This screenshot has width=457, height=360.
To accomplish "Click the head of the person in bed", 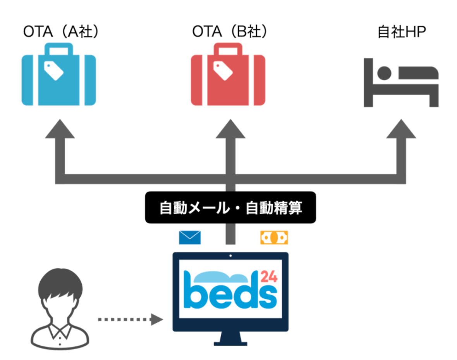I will (x=384, y=73).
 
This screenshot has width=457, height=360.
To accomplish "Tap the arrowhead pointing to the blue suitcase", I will (x=60, y=129).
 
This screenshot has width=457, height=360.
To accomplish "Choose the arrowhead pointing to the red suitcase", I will (x=230, y=129).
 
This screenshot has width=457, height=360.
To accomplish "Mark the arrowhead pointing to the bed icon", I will (x=401, y=129).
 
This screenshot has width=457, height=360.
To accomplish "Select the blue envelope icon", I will (x=190, y=237).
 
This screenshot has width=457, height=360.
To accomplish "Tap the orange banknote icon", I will (x=274, y=237).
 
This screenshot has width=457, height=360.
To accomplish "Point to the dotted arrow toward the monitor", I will (x=130, y=319).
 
